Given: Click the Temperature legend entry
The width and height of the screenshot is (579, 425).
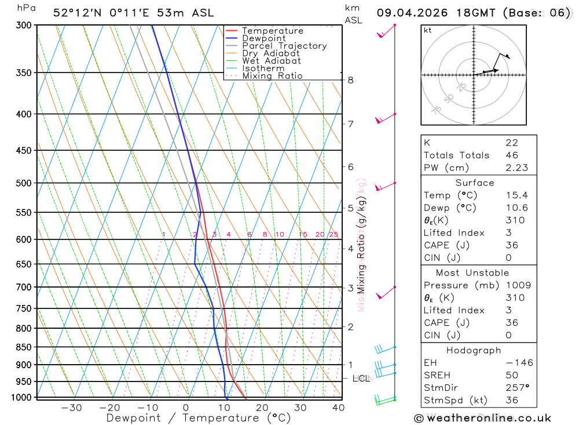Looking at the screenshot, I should coord(272,31).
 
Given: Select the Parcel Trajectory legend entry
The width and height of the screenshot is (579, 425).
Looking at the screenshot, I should coord(284,46).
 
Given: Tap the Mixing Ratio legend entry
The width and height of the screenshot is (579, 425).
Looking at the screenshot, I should coord(272,76).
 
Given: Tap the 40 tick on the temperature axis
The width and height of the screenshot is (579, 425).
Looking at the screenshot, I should coord(338,408).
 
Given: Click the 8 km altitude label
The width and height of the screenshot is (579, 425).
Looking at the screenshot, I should coord(350,80).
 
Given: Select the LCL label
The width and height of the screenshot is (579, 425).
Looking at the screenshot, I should coord(361,379).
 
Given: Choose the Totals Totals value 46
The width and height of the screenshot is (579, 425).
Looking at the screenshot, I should coord(511,155).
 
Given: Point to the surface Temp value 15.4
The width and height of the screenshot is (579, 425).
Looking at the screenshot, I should coord(516,195).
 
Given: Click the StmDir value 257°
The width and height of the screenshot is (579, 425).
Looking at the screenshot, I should coord(515,388).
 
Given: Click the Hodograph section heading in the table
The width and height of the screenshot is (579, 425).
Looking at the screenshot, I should coord(474,350).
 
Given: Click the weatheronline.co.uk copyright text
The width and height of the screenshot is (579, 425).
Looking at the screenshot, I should coord(482,418).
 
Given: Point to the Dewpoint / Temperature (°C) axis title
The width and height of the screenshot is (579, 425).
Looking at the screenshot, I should coord(199,418).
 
